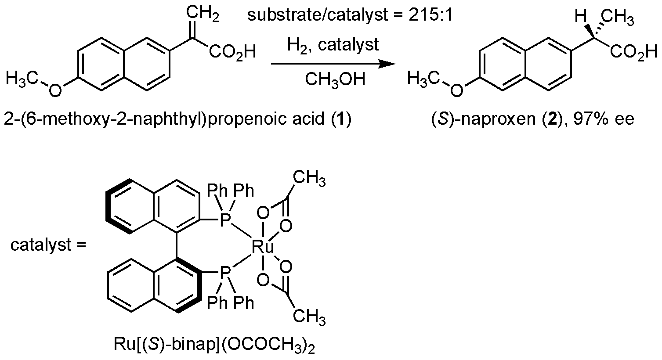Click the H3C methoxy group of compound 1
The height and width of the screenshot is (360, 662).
(24, 79)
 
